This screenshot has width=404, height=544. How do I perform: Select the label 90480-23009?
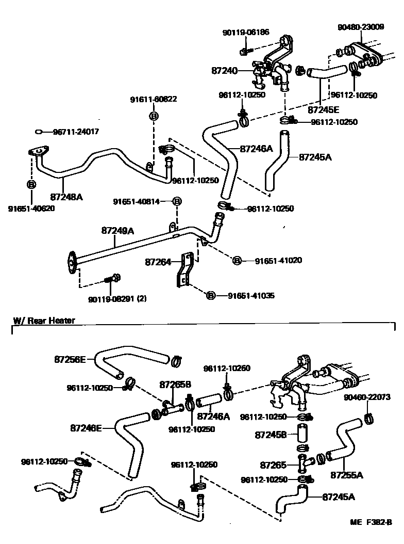pos(361,26)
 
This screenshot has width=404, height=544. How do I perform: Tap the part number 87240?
pos(224,70)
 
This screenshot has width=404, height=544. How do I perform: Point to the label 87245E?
pos(324,109)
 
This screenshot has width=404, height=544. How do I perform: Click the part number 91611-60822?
pos(154,99)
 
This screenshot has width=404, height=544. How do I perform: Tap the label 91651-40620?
pos(31,209)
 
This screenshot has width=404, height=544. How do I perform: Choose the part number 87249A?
pos(117,231)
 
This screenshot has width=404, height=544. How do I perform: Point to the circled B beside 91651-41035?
pos(210,296)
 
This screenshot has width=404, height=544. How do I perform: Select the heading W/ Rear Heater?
pos(44,321)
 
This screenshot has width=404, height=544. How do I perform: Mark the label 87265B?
pos(175,385)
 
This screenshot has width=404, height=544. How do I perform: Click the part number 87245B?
pos(271,435)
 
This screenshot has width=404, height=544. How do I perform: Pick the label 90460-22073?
pos(367,397)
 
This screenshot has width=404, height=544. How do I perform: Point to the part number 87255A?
pos(346,474)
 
